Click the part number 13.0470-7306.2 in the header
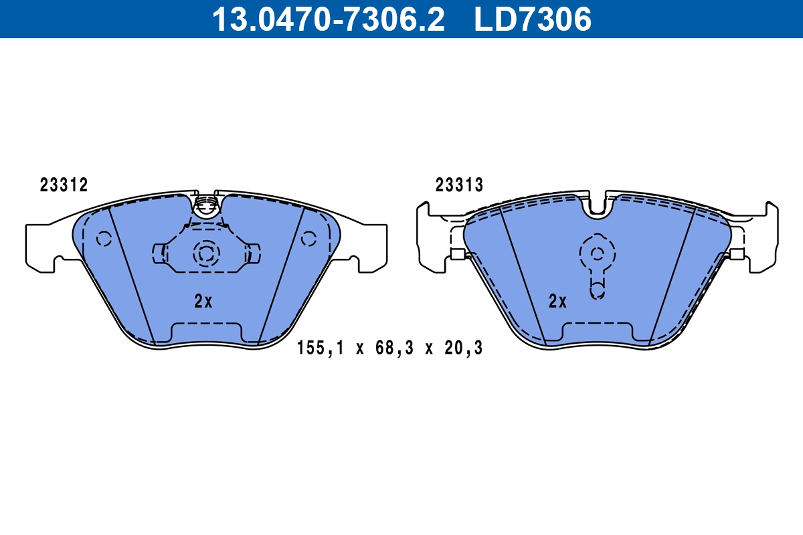[x=328, y=19]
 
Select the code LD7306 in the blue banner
[x=533, y=19]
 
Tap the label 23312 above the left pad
[x=64, y=186]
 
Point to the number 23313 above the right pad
[x=459, y=186]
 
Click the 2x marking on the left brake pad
[x=203, y=302]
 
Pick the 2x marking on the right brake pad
[x=557, y=302]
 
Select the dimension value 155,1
[x=321, y=348]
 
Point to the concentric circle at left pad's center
[x=206, y=253]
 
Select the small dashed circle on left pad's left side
[x=104, y=239]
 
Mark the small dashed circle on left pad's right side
[x=308, y=238]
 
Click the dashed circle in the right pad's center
[x=598, y=253]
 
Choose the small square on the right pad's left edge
[x=458, y=253]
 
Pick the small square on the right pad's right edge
[x=737, y=253]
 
